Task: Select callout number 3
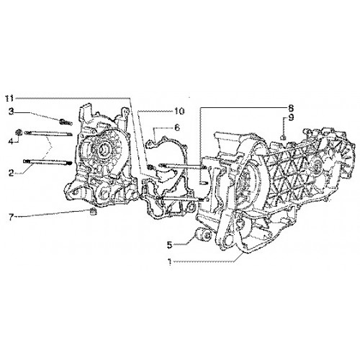12,112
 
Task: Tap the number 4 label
12,142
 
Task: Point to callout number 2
12,173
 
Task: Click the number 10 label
179,111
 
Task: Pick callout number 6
177,127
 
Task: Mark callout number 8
291,109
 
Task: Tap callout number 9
291,119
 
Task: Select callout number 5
170,245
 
